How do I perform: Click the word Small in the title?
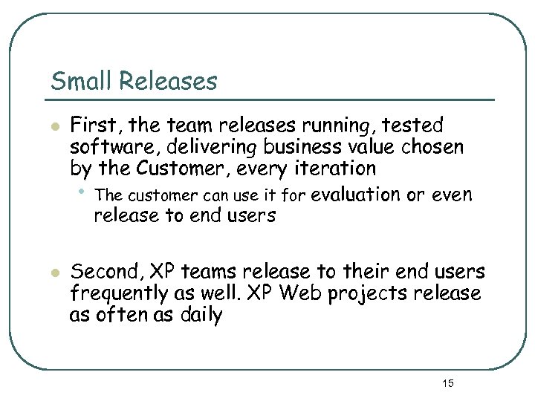pos(78,81)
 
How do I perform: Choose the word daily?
pos(196,316)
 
